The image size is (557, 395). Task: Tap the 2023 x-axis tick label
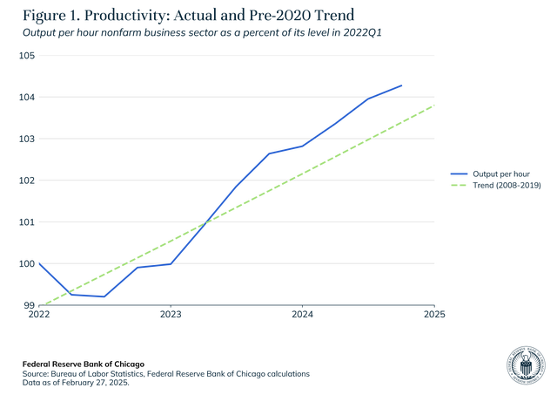tap(171, 314)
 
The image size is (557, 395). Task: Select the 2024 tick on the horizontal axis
tap(302, 314)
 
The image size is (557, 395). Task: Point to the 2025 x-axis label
tap(434, 314)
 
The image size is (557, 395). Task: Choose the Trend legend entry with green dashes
tap(496, 186)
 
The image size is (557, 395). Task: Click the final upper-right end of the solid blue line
tap(402, 85)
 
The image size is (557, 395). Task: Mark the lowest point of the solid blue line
tap(104, 297)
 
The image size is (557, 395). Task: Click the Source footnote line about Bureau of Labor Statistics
tap(166, 372)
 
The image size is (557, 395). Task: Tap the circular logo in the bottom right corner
tap(525, 365)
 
